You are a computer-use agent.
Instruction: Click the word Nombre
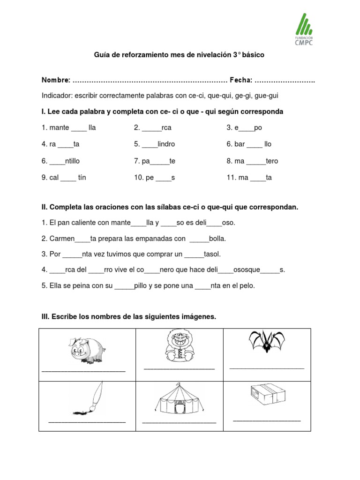[56, 81]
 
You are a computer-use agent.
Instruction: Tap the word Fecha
[240, 81]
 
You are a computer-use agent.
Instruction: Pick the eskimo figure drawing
[179, 345]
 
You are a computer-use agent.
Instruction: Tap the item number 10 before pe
[138, 178]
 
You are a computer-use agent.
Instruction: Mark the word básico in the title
[253, 55]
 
